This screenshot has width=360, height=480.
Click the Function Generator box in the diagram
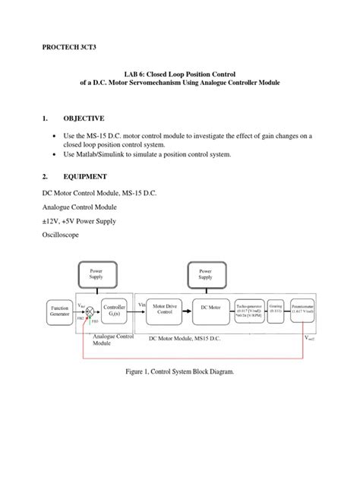point(58,311)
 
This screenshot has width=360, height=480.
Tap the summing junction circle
point(90,311)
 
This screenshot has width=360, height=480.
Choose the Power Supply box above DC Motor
point(210,273)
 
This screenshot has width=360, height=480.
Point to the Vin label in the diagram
point(141,304)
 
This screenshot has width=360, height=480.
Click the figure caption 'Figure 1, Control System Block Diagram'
point(180,371)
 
